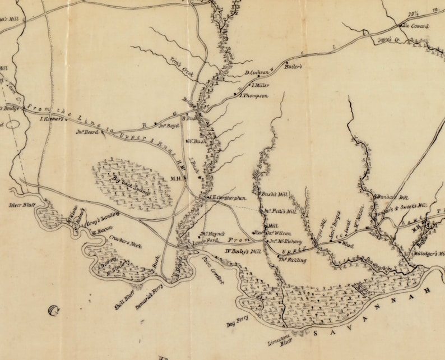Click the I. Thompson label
[x=254, y=96]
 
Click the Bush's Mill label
[x=275, y=194]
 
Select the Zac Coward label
[x=414, y=26]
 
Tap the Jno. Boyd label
[x=168, y=126]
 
